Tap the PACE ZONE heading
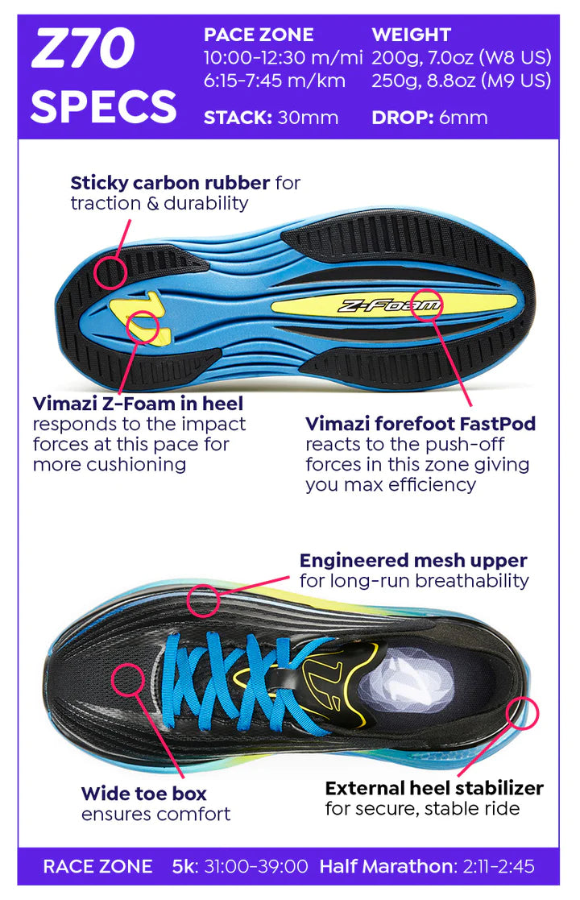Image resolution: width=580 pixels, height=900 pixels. click(259, 35)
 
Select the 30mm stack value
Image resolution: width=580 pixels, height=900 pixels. click(308, 118)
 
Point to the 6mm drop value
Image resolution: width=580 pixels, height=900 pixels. click(463, 118)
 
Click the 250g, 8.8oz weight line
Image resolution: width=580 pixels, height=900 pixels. click(462, 81)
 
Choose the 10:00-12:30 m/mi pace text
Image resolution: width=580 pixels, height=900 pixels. click(284, 58)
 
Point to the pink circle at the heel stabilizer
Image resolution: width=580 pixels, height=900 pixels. click(523, 715)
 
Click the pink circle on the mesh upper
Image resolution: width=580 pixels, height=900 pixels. click(203, 601)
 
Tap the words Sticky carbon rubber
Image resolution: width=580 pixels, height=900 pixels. click(172, 183)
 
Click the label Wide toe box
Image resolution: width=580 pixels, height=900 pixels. click(144, 794)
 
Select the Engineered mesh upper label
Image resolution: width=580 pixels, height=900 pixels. click(413, 560)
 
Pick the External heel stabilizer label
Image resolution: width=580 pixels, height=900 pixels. click(434, 787)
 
